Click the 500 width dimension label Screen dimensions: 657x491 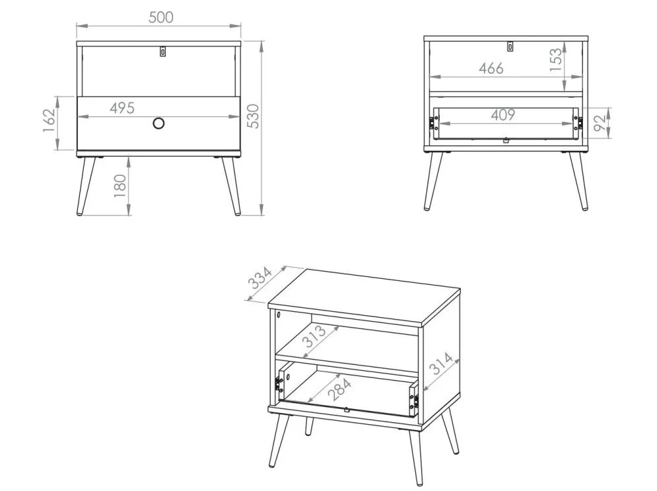[x=161, y=17]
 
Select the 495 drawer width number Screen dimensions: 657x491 [x=122, y=108]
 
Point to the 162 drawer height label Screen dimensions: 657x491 [x=50, y=120]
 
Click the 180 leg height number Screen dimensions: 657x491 [x=120, y=186]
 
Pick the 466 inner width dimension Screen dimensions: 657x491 [x=491, y=68]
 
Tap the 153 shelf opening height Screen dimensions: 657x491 [x=555, y=60]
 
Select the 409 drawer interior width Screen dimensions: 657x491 [x=502, y=115]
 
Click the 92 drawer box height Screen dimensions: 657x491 [x=600, y=122]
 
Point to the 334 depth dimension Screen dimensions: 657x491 [x=260, y=278]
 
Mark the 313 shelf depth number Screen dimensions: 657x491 [x=314, y=336]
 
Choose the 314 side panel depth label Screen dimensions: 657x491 [x=442, y=363]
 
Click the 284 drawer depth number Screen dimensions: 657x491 [x=339, y=389]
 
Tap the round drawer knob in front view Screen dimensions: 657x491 [x=158, y=124]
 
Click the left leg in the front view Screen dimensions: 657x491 [x=86, y=186]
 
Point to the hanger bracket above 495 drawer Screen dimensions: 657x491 [x=162, y=51]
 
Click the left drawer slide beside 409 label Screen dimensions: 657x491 [x=432, y=122]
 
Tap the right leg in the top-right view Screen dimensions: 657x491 [x=578, y=180]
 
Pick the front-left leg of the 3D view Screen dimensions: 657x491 [x=279, y=439]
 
